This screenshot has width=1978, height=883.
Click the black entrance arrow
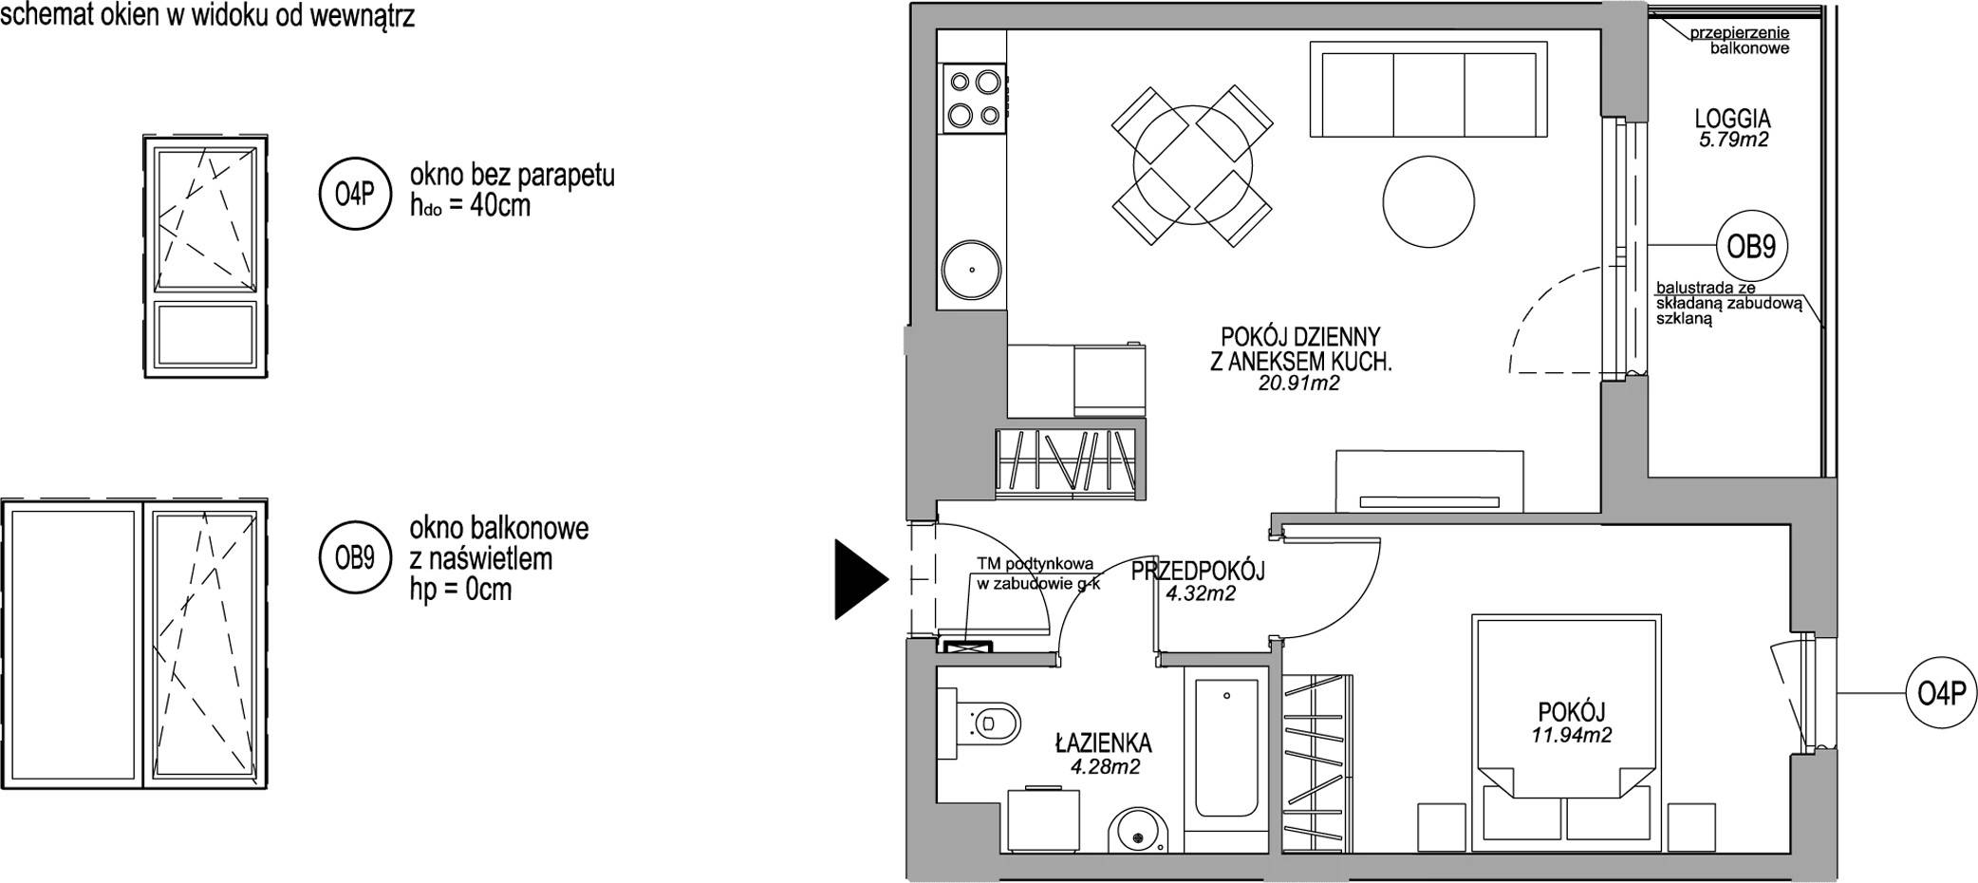(859, 578)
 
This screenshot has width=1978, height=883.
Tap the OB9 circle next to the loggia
(1750, 247)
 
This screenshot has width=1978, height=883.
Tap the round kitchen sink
(972, 268)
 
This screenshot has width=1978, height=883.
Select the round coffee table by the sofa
(1428, 201)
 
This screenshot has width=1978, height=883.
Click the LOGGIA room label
(1732, 120)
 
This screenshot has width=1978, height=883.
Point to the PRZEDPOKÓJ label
(1199, 572)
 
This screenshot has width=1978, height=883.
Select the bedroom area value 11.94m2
(1572, 735)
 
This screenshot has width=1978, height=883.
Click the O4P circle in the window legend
(355, 196)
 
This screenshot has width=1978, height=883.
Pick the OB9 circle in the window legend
(355, 558)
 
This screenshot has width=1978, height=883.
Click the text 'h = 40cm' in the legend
(471, 206)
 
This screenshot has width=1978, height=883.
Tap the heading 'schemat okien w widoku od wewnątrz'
(208, 15)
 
